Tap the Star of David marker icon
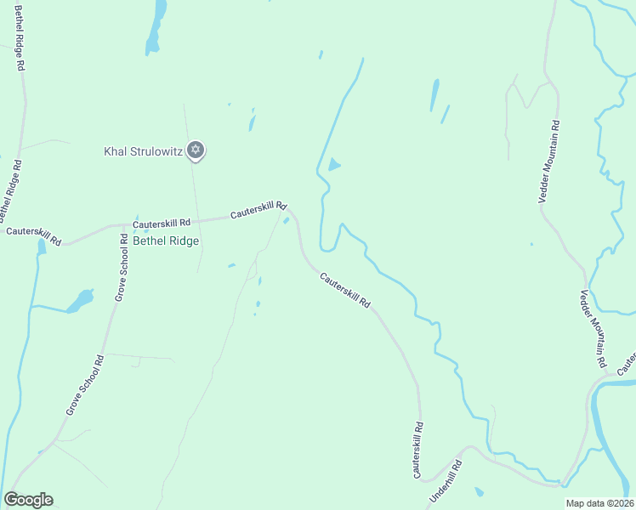(x=196, y=150)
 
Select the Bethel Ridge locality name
(x=166, y=241)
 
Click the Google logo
(x=28, y=500)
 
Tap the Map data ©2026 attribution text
(x=599, y=503)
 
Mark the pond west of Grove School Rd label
(x=81, y=301)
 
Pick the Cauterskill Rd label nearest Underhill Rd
(x=417, y=449)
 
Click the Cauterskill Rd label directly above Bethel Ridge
(x=161, y=222)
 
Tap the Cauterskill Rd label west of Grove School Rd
(x=33, y=235)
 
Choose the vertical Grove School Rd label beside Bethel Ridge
(x=123, y=267)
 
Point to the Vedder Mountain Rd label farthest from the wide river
(x=549, y=160)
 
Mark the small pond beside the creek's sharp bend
(x=334, y=165)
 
